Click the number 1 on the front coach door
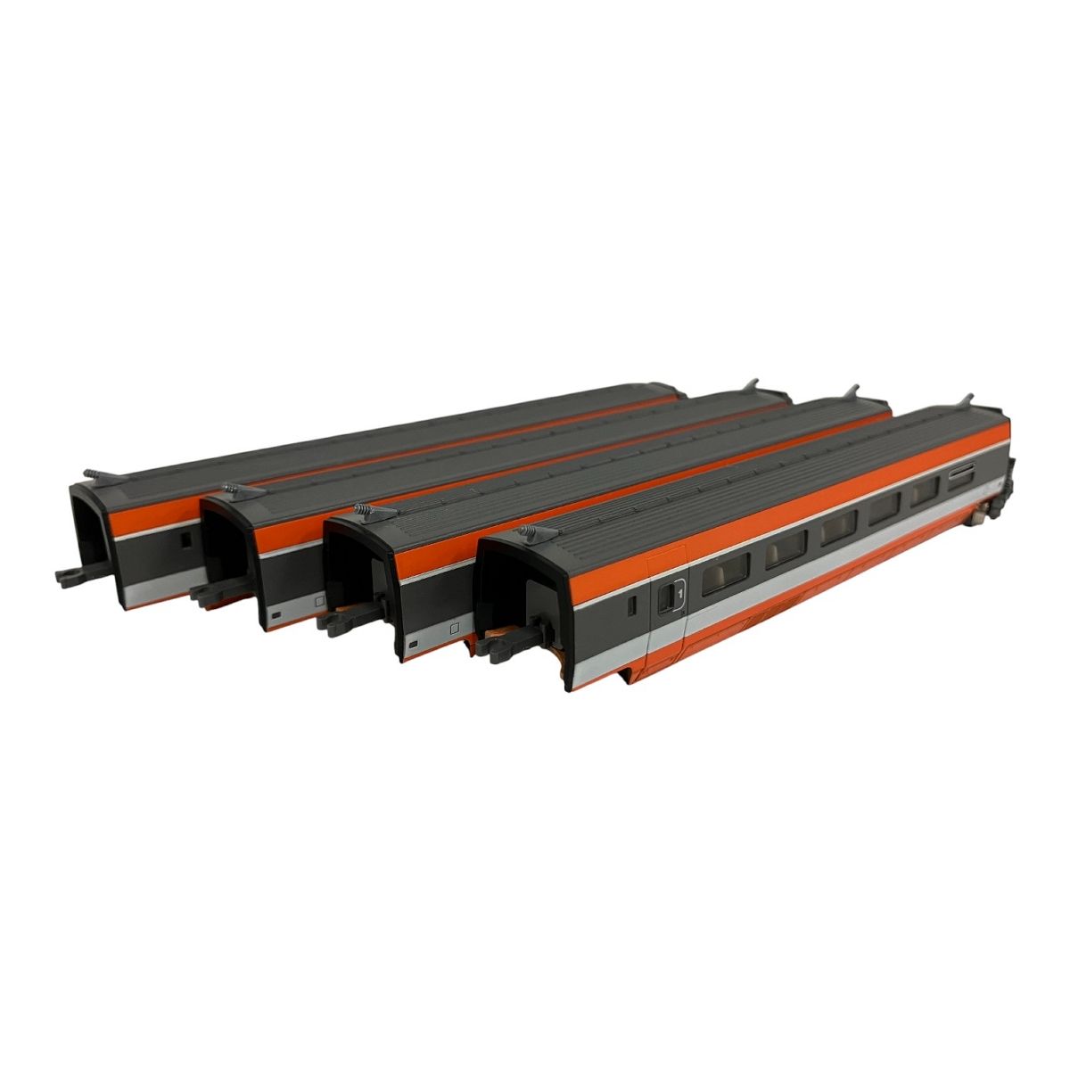pyautogui.click(x=679, y=590)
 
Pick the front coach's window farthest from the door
pyautogui.click(x=924, y=488)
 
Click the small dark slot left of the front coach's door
pyautogui.click(x=630, y=606)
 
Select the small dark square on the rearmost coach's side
pyautogui.click(x=185, y=540)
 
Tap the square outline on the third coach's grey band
pyautogui.click(x=454, y=628)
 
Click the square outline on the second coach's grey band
pyautogui.click(x=318, y=603)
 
